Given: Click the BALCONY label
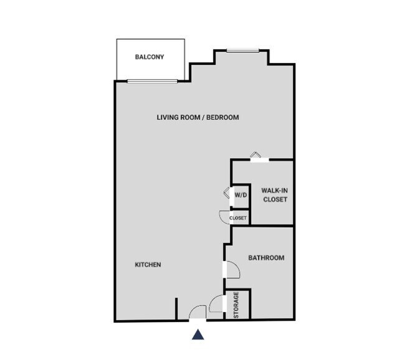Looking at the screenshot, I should point(150,57).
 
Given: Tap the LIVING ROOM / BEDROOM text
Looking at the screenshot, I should point(198,117).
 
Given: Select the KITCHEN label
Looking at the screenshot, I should point(148,265).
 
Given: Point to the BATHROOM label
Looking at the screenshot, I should point(266,258).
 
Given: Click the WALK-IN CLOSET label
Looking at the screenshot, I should point(274,195).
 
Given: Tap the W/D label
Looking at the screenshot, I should point(240,195).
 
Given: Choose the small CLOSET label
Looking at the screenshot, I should point(238,218).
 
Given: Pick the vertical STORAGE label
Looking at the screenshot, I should point(237,305).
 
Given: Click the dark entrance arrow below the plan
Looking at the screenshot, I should point(198,335).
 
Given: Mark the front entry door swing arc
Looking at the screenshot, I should point(198,311).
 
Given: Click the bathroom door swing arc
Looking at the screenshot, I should point(232,269).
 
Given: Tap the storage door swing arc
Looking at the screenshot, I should point(217,304).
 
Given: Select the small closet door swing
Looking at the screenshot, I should point(224,216).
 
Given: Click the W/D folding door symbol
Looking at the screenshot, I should point(227,194).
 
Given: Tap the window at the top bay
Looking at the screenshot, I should point(242,50).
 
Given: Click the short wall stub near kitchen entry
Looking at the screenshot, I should point(177,309).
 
